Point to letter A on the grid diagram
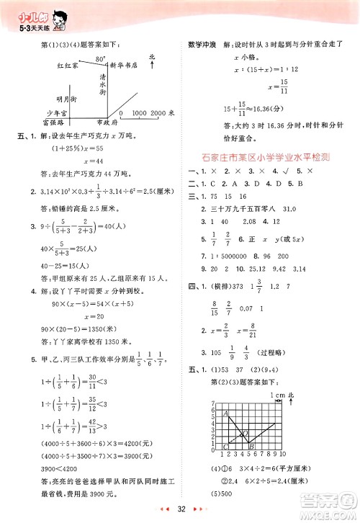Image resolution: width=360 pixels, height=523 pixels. [x=225, y=414]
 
